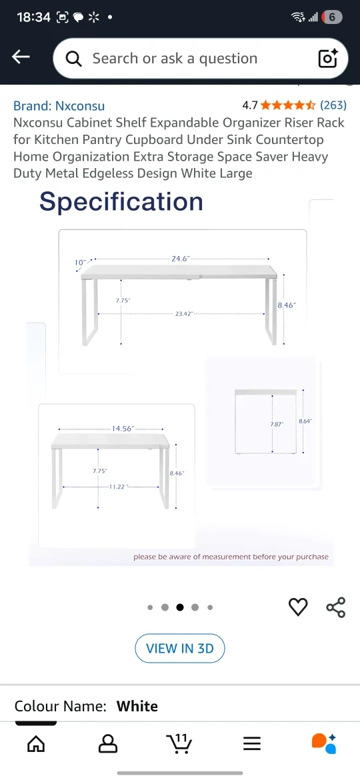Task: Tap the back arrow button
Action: pyautogui.click(x=21, y=57)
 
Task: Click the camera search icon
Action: pyautogui.click(x=328, y=58)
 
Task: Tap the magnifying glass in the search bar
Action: pyautogui.click(x=73, y=59)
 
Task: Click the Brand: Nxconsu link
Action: pyautogui.click(x=59, y=105)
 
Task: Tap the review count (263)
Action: pyautogui.click(x=333, y=105)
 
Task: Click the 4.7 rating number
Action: pyautogui.click(x=249, y=105)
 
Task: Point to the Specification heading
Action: pyautogui.click(x=121, y=201)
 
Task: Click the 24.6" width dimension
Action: pyautogui.click(x=181, y=259)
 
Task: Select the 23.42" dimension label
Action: pyautogui.click(x=183, y=314)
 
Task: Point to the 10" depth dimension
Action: pyautogui.click(x=80, y=262)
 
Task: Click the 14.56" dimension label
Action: pyautogui.click(x=123, y=428)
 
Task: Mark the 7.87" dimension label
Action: pyautogui.click(x=277, y=424)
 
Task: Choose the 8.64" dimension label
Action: pyautogui.click(x=305, y=421)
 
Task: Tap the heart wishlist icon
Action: pyautogui.click(x=299, y=607)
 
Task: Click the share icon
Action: pyautogui.click(x=335, y=607)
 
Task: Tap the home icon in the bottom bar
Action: pyautogui.click(x=36, y=744)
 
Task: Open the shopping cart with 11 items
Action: pyautogui.click(x=179, y=743)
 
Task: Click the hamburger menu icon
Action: pyautogui.click(x=252, y=744)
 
